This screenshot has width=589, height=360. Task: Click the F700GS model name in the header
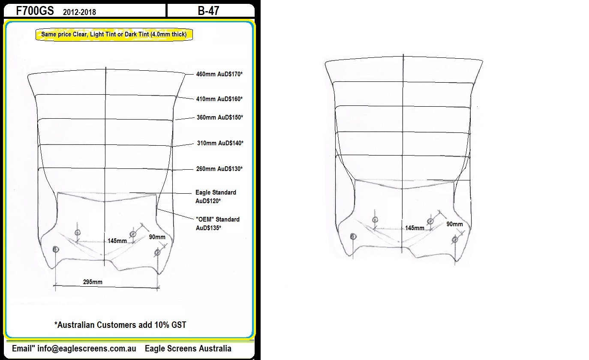point(35,11)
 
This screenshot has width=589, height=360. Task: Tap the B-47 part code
point(208,11)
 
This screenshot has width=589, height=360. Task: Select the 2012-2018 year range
point(79,12)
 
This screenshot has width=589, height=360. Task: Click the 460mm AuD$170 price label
point(219,74)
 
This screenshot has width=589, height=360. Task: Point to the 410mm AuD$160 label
point(219,99)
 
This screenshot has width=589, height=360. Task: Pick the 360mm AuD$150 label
point(220,117)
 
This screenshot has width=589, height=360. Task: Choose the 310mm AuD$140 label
point(220,143)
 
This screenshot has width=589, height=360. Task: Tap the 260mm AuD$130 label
point(219,169)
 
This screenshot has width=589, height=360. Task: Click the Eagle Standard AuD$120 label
point(216,197)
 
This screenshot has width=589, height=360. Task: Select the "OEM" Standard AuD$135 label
point(217,224)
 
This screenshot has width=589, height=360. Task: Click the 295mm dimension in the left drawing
point(93,282)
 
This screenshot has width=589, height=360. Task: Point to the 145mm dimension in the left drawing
point(117,241)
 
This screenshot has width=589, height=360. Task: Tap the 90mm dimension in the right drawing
point(455,224)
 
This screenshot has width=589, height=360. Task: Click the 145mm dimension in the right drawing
point(415,228)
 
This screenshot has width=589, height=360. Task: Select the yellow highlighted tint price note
point(114,34)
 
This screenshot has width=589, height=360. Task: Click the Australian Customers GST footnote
point(120,325)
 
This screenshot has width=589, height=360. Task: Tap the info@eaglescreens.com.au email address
point(87,349)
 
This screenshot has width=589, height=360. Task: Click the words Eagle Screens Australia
point(188,349)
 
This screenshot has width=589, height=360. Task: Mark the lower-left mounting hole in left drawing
point(56,249)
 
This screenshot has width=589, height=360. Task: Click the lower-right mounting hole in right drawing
point(455,240)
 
